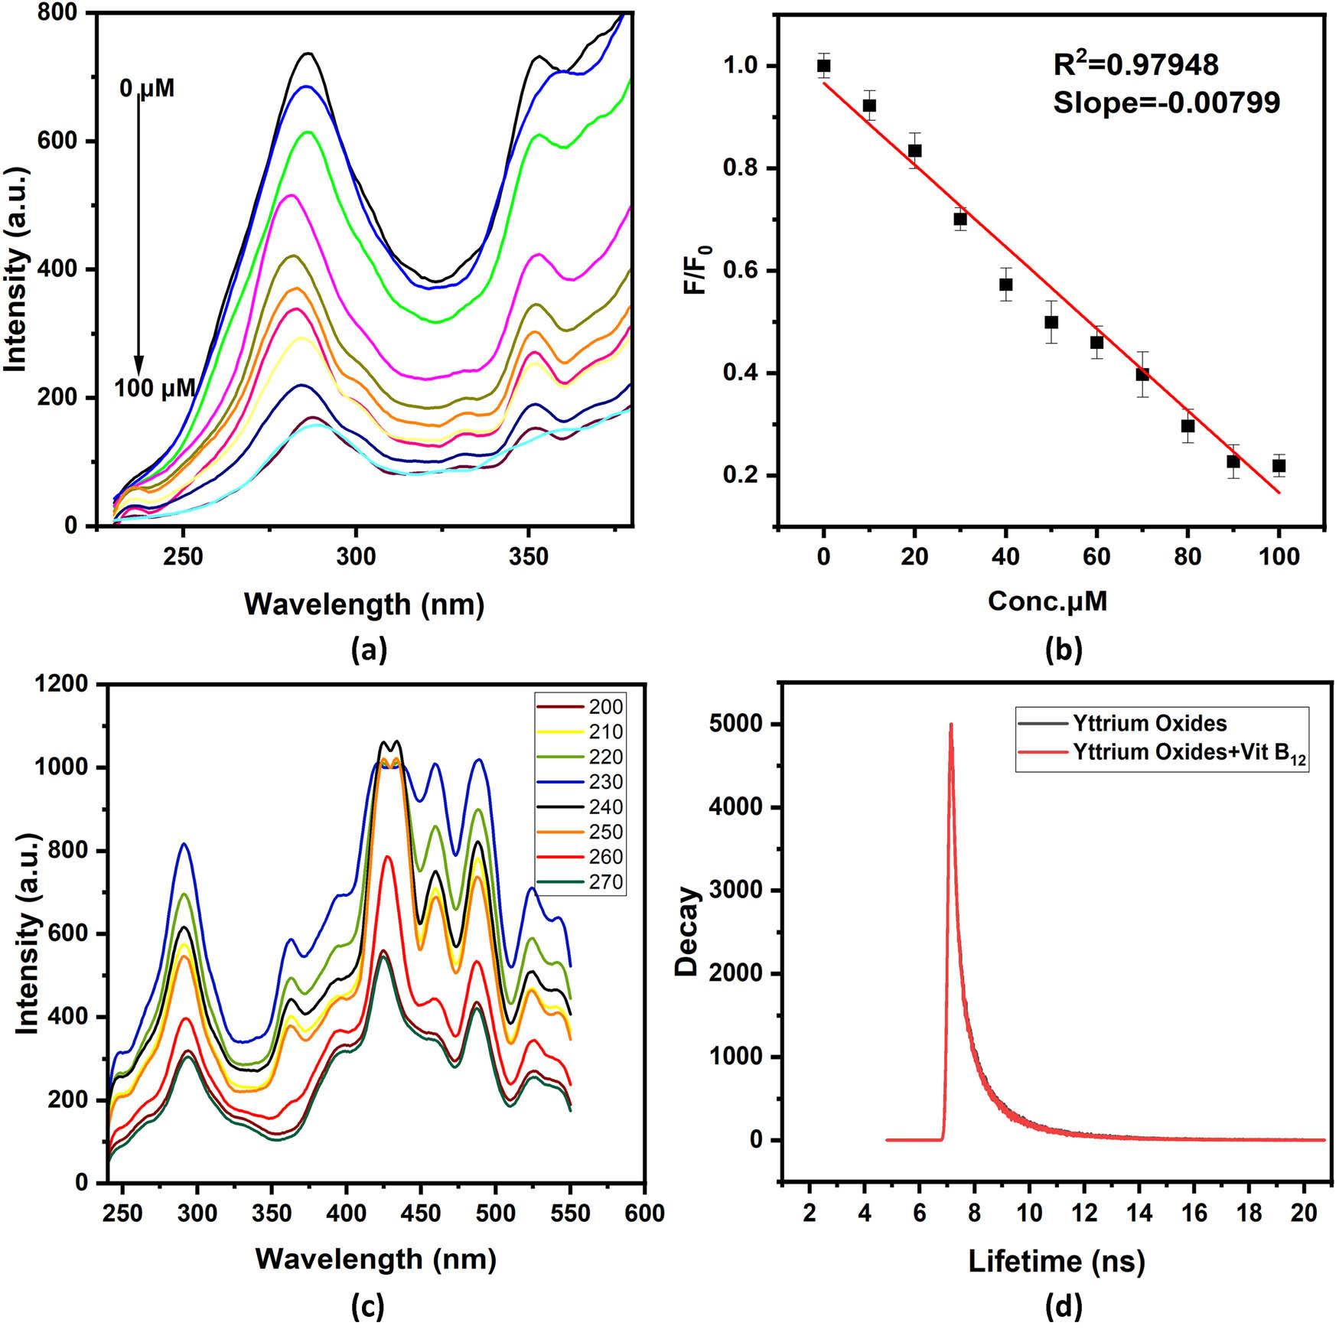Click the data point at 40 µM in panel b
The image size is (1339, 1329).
[1005, 285]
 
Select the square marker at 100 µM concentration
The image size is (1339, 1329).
[1279, 465]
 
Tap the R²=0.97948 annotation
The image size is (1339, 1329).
[1135, 66]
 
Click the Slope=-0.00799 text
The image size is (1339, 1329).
[1166, 103]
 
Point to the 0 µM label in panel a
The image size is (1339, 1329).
[147, 89]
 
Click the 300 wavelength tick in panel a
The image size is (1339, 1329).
[356, 556]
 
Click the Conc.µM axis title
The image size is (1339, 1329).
[1047, 601]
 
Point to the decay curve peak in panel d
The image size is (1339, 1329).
[951, 725]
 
